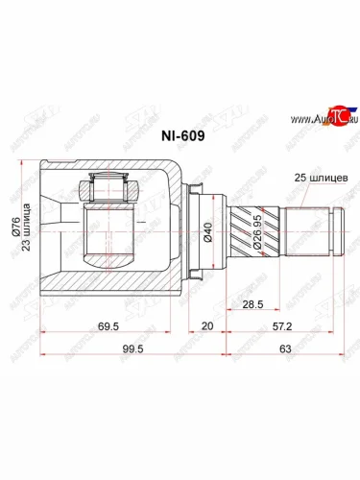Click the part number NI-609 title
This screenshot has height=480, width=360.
(x=180, y=136)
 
